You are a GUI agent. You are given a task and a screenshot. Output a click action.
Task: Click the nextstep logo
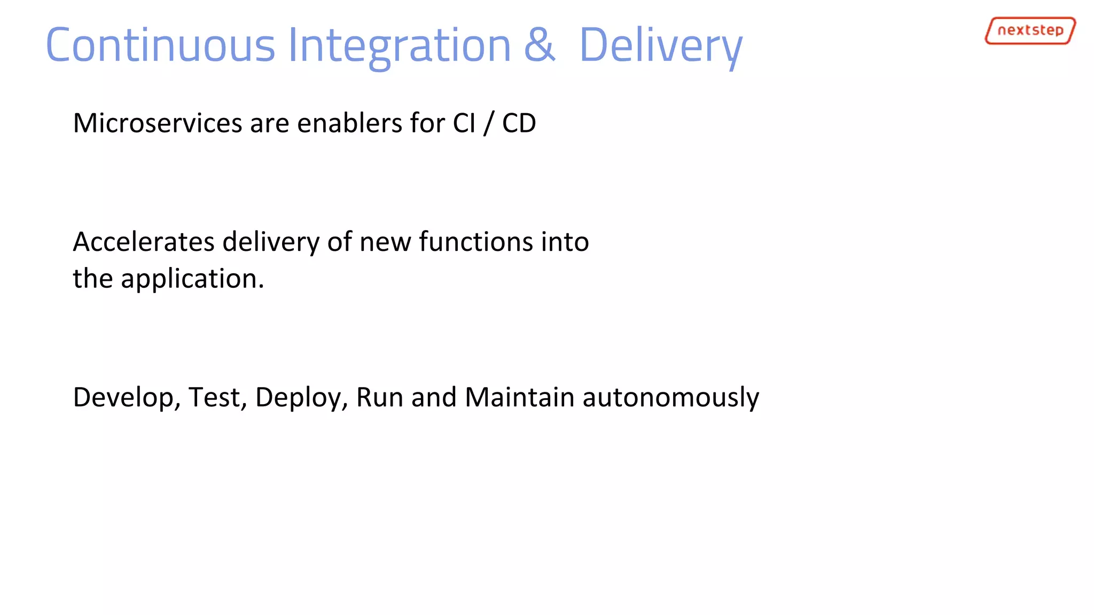pyautogui.click(x=1029, y=30)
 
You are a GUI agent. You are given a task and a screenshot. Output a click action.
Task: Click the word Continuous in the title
pyautogui.click(x=160, y=45)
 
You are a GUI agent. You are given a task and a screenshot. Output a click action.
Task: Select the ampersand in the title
pyautogui.click(x=540, y=45)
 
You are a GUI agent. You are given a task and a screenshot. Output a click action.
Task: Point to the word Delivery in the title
pyautogui.click(x=660, y=45)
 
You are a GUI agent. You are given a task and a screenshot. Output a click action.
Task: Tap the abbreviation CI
pyautogui.click(x=464, y=123)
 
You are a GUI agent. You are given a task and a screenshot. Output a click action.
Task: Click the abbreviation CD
pyautogui.click(x=519, y=123)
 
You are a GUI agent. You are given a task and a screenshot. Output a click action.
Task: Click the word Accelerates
pyautogui.click(x=143, y=242)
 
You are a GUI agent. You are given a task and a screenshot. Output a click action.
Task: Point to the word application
pyautogui.click(x=192, y=279)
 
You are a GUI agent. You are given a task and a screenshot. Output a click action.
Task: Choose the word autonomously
pyautogui.click(x=670, y=398)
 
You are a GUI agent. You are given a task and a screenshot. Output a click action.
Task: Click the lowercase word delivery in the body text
pyautogui.click(x=271, y=242)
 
